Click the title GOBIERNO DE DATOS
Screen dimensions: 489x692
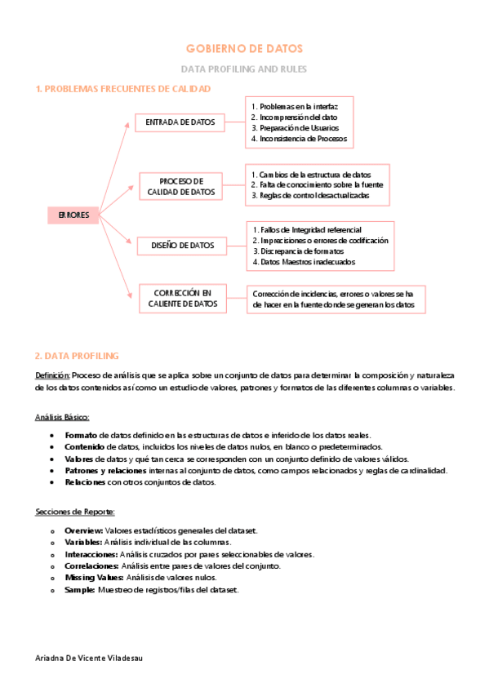[x=244, y=49]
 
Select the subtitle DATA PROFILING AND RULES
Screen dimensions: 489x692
[x=244, y=69]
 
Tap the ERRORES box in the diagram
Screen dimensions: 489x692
[x=73, y=215]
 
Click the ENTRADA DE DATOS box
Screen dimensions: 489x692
[x=180, y=122]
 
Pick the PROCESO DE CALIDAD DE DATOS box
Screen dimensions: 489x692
[x=181, y=186]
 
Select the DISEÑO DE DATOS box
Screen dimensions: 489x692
[x=182, y=245]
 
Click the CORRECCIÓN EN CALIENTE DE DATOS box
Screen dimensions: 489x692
[x=183, y=298]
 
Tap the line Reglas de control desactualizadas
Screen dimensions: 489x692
[x=309, y=196]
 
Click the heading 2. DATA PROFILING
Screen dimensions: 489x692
[x=78, y=356]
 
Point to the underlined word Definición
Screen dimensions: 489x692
[x=52, y=375]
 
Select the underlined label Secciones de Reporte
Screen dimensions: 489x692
[x=75, y=512]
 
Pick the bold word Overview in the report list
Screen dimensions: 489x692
[x=82, y=530]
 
